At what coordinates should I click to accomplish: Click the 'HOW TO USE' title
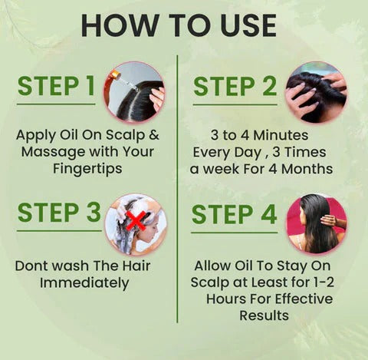pyautogui.click(x=179, y=25)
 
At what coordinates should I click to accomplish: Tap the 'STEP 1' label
pyautogui.click(x=57, y=87)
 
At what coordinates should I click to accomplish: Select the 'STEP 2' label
pyautogui.click(x=235, y=87)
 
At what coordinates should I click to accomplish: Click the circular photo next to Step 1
pyautogui.click(x=135, y=91)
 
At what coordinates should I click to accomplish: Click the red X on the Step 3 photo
pyautogui.click(x=137, y=220)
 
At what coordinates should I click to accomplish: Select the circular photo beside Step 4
pyautogui.click(x=316, y=223)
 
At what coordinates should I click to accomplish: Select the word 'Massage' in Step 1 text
pyautogui.click(x=51, y=151)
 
